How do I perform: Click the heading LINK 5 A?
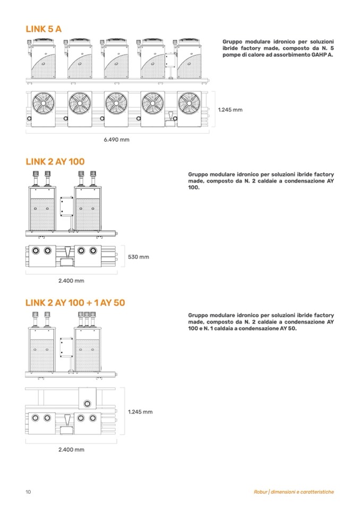[44, 29]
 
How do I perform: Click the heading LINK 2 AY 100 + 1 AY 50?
[75, 303]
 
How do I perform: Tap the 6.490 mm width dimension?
[116, 140]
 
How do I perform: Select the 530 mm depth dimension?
[139, 257]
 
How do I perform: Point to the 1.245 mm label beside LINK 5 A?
[230, 110]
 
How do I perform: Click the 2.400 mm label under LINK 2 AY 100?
[71, 281]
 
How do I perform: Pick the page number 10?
[28, 492]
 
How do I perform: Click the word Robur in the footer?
[261, 492]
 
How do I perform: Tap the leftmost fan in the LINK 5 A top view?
[43, 103]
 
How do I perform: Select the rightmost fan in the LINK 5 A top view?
[189, 103]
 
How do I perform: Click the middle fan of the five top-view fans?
[116, 103]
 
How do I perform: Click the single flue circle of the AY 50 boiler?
[87, 404]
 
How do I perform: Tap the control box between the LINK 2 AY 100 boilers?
[66, 206]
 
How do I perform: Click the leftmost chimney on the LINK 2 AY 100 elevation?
[36, 178]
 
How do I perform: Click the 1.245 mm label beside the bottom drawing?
[140, 412]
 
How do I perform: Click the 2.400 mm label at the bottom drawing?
[71, 450]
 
